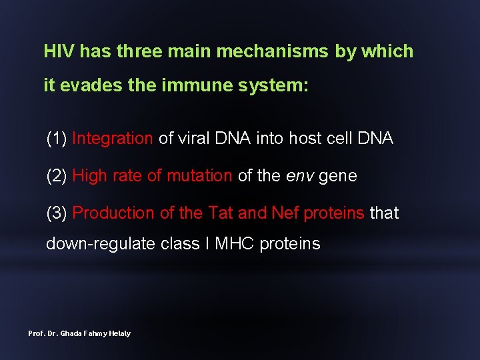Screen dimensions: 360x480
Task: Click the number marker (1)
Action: [56, 139]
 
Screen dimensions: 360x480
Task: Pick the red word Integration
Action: [112, 139]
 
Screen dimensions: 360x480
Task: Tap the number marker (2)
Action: [56, 176]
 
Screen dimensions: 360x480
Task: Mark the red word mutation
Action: [199, 176]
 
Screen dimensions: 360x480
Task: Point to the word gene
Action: [338, 176]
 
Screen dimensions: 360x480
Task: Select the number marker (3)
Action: [56, 213]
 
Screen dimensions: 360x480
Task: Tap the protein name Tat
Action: [221, 213]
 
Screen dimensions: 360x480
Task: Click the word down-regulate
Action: [101, 244]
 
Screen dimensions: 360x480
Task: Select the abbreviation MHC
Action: [234, 244]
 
